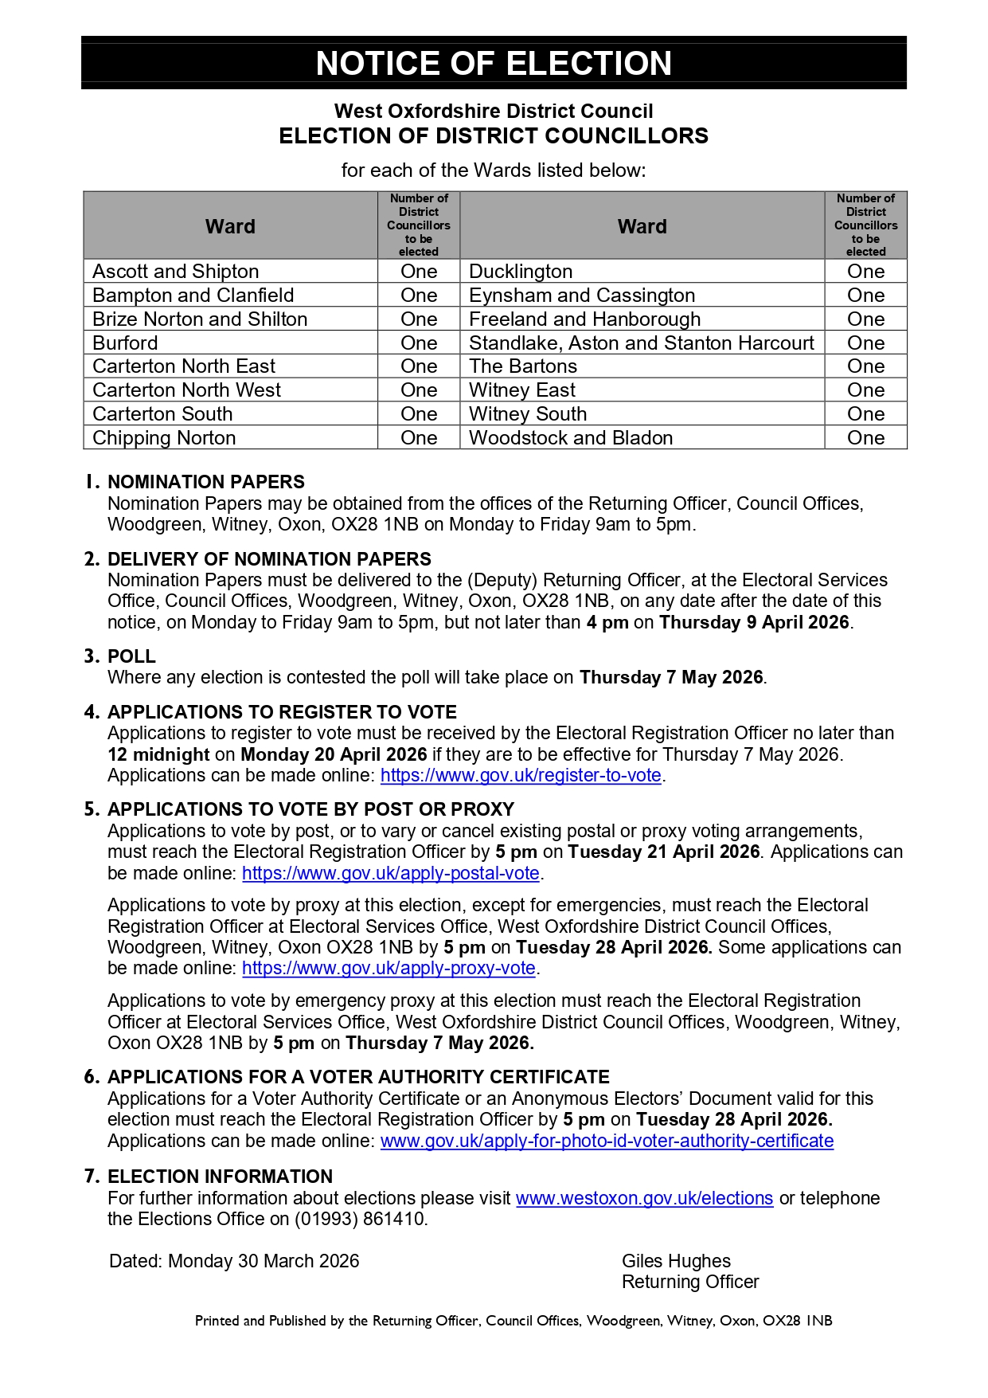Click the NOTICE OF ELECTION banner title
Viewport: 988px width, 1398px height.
(494, 63)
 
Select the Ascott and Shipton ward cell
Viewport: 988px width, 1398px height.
(176, 272)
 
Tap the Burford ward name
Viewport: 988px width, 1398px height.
(126, 343)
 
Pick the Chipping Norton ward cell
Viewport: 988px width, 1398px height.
(165, 438)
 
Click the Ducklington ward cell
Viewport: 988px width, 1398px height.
(521, 272)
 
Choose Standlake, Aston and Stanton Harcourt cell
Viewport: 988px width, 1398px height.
(642, 343)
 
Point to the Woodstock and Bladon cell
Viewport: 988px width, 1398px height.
(571, 438)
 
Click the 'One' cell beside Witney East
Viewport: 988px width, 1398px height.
(865, 390)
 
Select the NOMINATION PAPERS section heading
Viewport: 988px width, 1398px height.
(206, 482)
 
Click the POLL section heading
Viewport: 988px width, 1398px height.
(132, 656)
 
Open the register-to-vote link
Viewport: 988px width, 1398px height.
(521, 776)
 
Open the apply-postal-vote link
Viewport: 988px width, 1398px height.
(391, 873)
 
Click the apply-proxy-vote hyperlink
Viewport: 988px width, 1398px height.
(389, 969)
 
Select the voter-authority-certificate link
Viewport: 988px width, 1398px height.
(607, 1141)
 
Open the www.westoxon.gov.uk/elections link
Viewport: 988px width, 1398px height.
(644, 1198)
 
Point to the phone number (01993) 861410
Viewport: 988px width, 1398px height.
(361, 1219)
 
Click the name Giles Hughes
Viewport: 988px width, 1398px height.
(676, 1261)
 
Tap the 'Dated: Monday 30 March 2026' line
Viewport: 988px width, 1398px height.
(234, 1261)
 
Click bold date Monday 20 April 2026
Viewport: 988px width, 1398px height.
(334, 754)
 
